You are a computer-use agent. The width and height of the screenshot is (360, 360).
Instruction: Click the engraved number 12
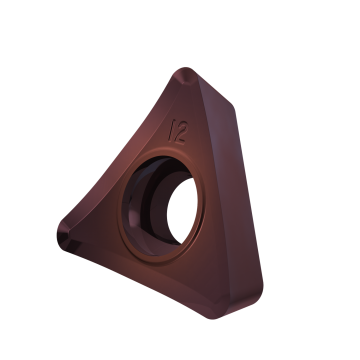184,132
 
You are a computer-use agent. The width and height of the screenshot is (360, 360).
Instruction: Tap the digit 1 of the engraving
177,131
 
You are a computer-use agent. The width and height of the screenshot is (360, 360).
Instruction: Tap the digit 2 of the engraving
189,133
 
